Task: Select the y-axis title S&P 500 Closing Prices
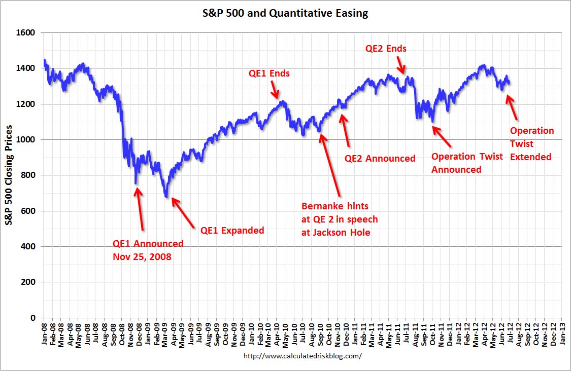10,175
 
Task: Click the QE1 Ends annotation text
269,73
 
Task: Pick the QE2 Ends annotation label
386,49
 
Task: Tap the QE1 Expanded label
232,231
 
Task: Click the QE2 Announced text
380,159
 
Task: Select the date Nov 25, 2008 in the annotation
142,256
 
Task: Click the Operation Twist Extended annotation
531,144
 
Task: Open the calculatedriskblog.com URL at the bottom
303,356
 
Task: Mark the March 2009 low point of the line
166,197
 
